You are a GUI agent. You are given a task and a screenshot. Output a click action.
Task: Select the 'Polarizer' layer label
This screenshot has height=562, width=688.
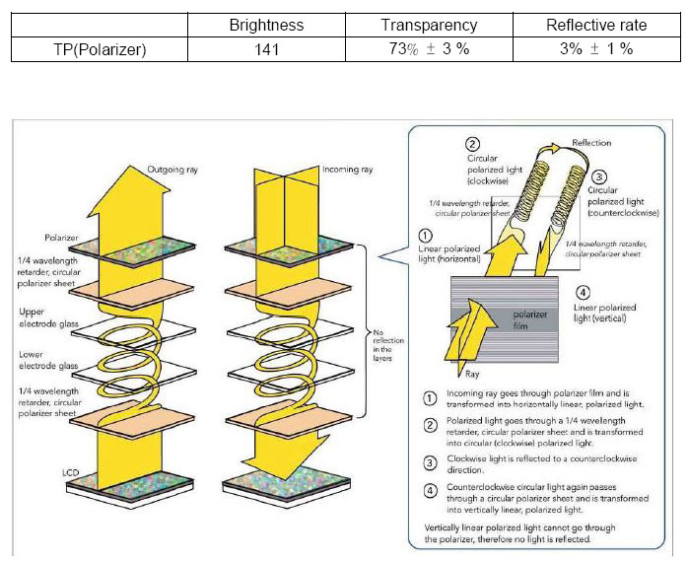[62, 237]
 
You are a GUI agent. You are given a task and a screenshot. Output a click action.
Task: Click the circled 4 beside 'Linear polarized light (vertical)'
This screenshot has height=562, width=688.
[583, 292]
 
